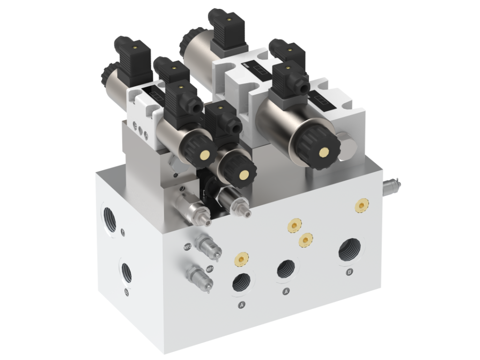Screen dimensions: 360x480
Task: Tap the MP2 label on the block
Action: point(187,247)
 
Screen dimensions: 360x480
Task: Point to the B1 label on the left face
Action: point(127,292)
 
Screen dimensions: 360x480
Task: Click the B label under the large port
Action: point(348,272)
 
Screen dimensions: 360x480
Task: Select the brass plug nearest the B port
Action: point(361,204)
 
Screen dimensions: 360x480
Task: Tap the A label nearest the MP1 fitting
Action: point(242,305)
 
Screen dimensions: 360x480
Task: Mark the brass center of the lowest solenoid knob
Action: point(242,175)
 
